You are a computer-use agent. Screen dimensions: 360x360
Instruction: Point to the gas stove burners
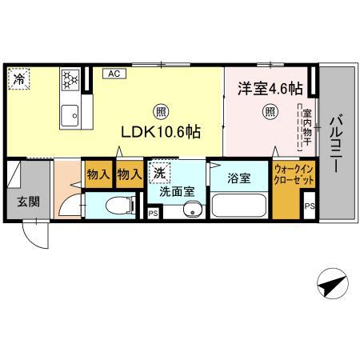(69, 79)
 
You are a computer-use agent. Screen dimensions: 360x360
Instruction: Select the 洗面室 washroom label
(175, 192)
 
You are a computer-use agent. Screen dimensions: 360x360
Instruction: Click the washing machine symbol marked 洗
(159, 173)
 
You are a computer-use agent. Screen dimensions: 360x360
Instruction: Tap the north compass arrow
(331, 282)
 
